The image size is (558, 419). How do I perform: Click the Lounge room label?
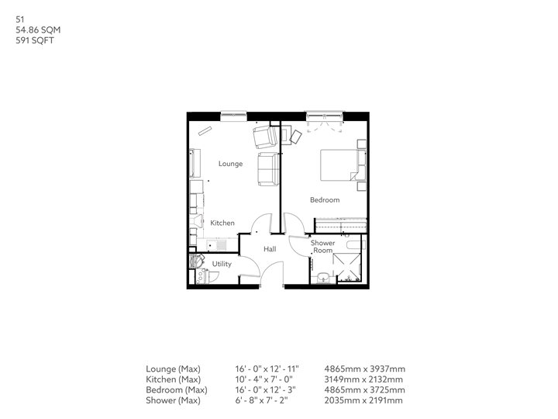tap(230, 164)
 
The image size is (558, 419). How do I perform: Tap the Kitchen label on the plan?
tap(222, 223)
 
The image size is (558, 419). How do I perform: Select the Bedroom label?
tap(325, 200)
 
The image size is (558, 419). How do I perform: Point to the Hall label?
tap(270, 249)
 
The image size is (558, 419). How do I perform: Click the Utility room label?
tap(222, 265)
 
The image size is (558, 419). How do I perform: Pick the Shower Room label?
tap(322, 247)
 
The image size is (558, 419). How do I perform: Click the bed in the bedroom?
tap(339, 166)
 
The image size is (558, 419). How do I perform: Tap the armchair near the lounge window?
tap(265, 137)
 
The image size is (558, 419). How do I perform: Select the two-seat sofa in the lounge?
tap(268, 169)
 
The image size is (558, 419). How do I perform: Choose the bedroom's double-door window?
tap(325, 116)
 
